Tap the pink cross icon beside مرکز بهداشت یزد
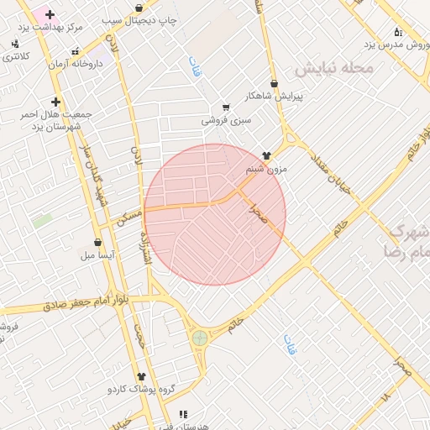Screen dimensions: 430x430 pyautogui.click(x=50, y=14)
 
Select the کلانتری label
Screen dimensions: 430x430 pyautogui.click(x=16, y=56)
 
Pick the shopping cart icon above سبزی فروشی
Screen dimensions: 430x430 pyautogui.click(x=226, y=107)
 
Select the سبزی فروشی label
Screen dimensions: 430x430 pyautogui.click(x=226, y=120)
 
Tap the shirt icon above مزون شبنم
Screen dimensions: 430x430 pyautogui.click(x=267, y=155)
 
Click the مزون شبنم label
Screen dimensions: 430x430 pyautogui.click(x=266, y=169)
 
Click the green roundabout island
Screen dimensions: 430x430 pyautogui.click(x=199, y=338)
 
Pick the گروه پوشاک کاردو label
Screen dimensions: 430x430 pyautogui.click(x=140, y=391)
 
